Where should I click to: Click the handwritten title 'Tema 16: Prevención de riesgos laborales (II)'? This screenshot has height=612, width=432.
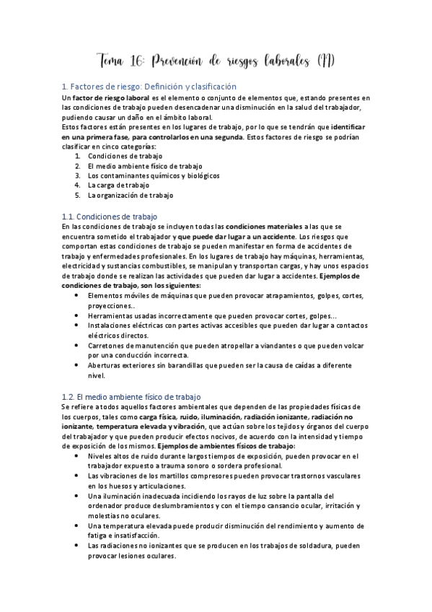(x=216, y=59)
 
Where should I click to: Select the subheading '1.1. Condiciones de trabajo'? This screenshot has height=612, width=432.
(x=110, y=216)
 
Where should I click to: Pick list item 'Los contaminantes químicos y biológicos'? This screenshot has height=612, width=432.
(x=154, y=175)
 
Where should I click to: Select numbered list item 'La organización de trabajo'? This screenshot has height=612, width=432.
(x=131, y=195)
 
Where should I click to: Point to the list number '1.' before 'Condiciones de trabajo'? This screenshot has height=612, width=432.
(x=78, y=155)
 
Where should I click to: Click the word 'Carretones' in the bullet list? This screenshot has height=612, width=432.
(x=107, y=345)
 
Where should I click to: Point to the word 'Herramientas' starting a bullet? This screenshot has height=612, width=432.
(x=110, y=315)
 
